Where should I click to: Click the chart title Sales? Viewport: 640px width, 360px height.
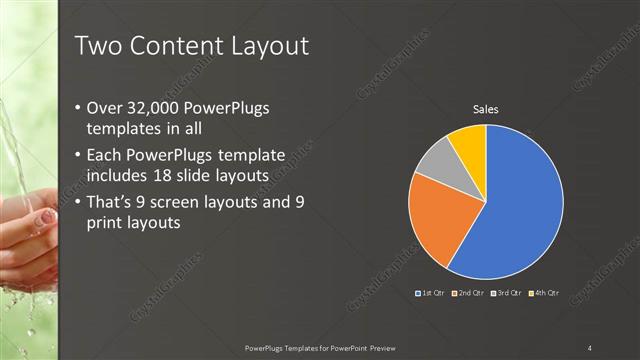pos(485,109)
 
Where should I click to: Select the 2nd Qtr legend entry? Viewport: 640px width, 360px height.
pos(469,293)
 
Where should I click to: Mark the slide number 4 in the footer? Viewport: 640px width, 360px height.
pos(590,347)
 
